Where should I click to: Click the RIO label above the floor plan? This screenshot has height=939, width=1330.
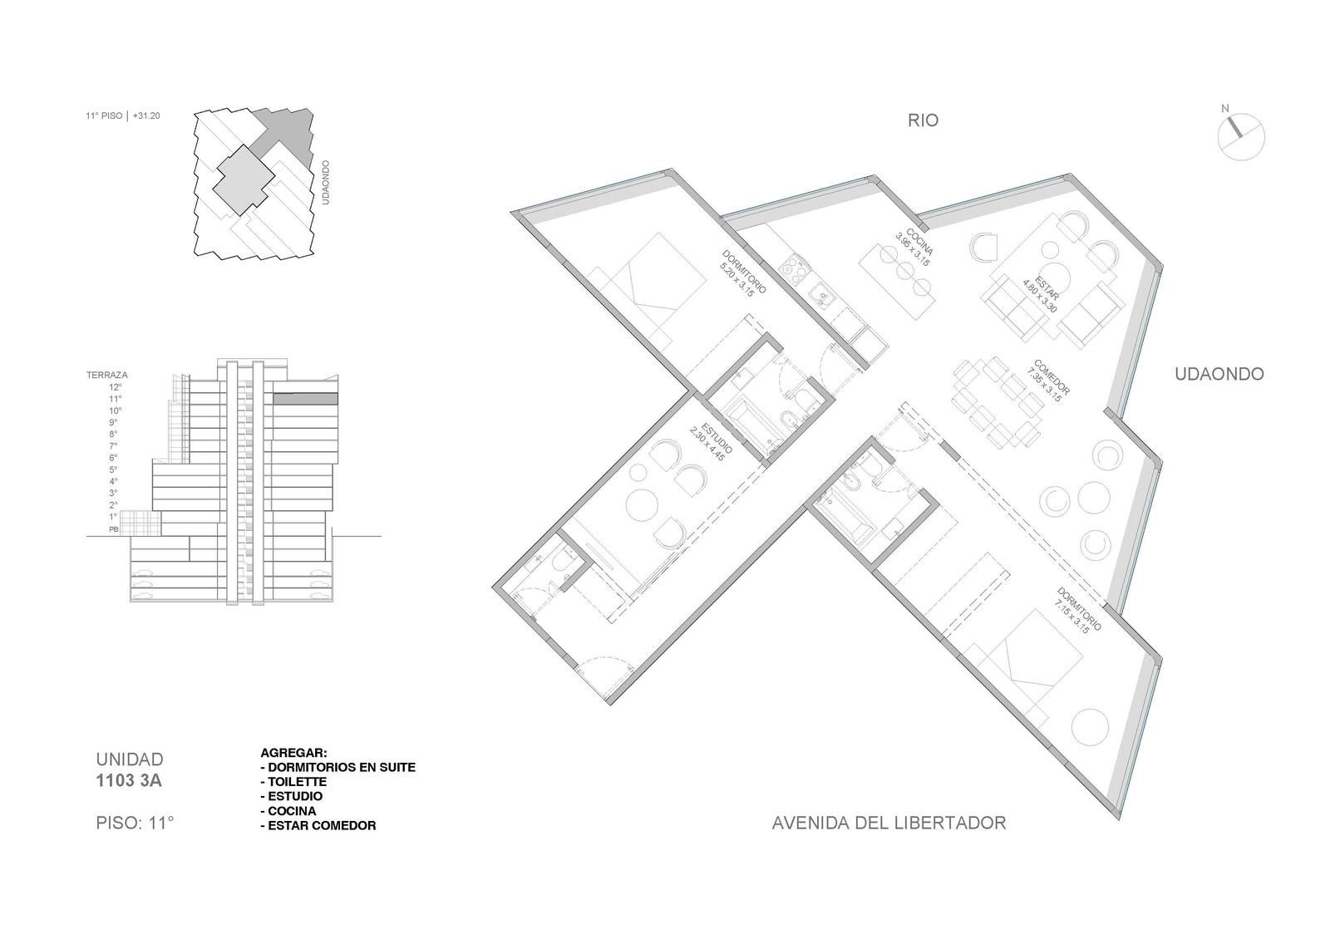click(x=923, y=120)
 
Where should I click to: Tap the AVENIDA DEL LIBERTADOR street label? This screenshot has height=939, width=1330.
click(x=889, y=823)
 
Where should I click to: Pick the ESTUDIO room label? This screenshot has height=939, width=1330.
click(x=717, y=438)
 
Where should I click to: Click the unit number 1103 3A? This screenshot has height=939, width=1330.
click(x=129, y=781)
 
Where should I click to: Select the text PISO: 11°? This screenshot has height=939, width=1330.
click(x=135, y=823)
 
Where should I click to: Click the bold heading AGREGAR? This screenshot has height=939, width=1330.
click(x=294, y=753)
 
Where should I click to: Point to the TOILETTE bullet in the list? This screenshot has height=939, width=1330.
click(x=294, y=782)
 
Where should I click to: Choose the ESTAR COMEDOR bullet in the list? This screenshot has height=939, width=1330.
click(x=318, y=826)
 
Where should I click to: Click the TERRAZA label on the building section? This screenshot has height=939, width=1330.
click(x=107, y=375)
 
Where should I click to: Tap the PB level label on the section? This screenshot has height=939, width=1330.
click(x=113, y=528)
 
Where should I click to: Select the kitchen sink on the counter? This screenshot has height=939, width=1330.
click(x=822, y=295)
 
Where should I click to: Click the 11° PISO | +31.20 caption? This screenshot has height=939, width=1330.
click(x=123, y=116)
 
